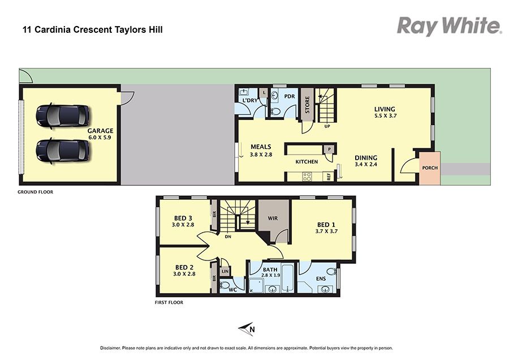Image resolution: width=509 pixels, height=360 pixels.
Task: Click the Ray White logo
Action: coord(450,26)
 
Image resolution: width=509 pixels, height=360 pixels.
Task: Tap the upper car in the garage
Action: coord(62,116)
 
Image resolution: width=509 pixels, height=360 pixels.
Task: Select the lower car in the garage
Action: coord(62,151)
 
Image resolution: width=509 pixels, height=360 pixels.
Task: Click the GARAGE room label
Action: coord(100,131)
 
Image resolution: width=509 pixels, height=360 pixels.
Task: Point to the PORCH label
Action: coord(430,168)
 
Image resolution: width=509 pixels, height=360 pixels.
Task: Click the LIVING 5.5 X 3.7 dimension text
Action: coord(385,115)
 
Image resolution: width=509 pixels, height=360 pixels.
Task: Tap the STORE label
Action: coord(307,105)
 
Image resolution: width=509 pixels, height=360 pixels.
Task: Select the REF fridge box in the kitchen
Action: coord(329,177)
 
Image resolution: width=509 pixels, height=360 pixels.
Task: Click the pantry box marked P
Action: coord(329,149)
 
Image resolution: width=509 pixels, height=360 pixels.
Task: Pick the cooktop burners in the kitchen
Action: coord(307,177)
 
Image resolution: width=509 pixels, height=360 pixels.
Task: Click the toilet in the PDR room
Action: coord(276,111)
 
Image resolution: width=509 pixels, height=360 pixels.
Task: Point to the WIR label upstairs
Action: coord(273,218)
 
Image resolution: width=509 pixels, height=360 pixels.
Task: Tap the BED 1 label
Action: coord(326,225)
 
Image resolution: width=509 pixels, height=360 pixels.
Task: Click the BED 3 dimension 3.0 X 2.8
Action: coord(183,225)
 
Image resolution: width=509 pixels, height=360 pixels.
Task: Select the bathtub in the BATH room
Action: coord(288,278)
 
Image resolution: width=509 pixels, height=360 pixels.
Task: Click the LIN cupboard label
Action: coord(225,271)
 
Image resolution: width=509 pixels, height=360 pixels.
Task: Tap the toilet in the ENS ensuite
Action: coord(331,271)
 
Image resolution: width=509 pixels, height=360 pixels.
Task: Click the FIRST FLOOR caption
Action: coord(169,302)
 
